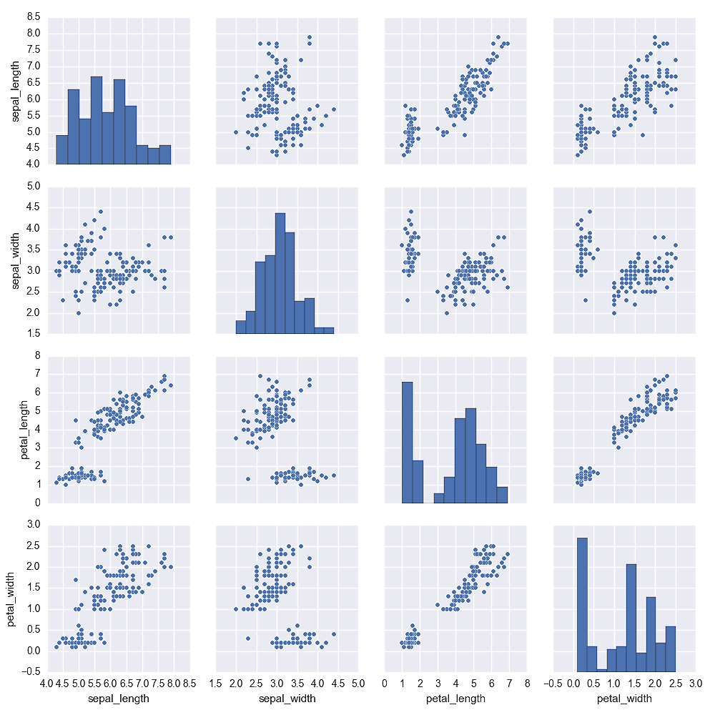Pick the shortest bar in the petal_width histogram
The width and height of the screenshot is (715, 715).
603,671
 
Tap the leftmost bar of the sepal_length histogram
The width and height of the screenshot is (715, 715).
62,149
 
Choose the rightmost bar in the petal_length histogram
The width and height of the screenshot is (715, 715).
503,495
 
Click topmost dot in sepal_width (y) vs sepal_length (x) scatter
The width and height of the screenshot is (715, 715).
101,212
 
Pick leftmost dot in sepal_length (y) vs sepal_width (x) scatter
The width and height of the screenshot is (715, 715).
236,132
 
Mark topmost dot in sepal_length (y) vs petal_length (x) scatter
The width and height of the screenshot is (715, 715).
498,37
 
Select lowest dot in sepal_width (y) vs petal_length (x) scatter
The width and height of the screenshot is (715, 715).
447,313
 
